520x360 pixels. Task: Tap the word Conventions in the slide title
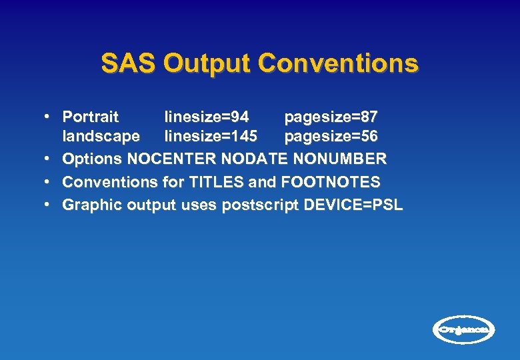point(338,64)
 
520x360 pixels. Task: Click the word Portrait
point(90,117)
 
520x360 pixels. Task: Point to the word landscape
point(101,137)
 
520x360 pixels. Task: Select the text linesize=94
point(207,117)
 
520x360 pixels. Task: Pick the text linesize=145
point(211,137)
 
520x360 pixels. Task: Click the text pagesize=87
point(331,117)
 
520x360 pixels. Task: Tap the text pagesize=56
point(331,137)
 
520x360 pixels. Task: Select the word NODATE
point(261,159)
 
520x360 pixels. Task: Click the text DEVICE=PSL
point(353,205)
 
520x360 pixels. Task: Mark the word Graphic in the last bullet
point(89,205)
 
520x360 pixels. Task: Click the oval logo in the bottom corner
point(464,329)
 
